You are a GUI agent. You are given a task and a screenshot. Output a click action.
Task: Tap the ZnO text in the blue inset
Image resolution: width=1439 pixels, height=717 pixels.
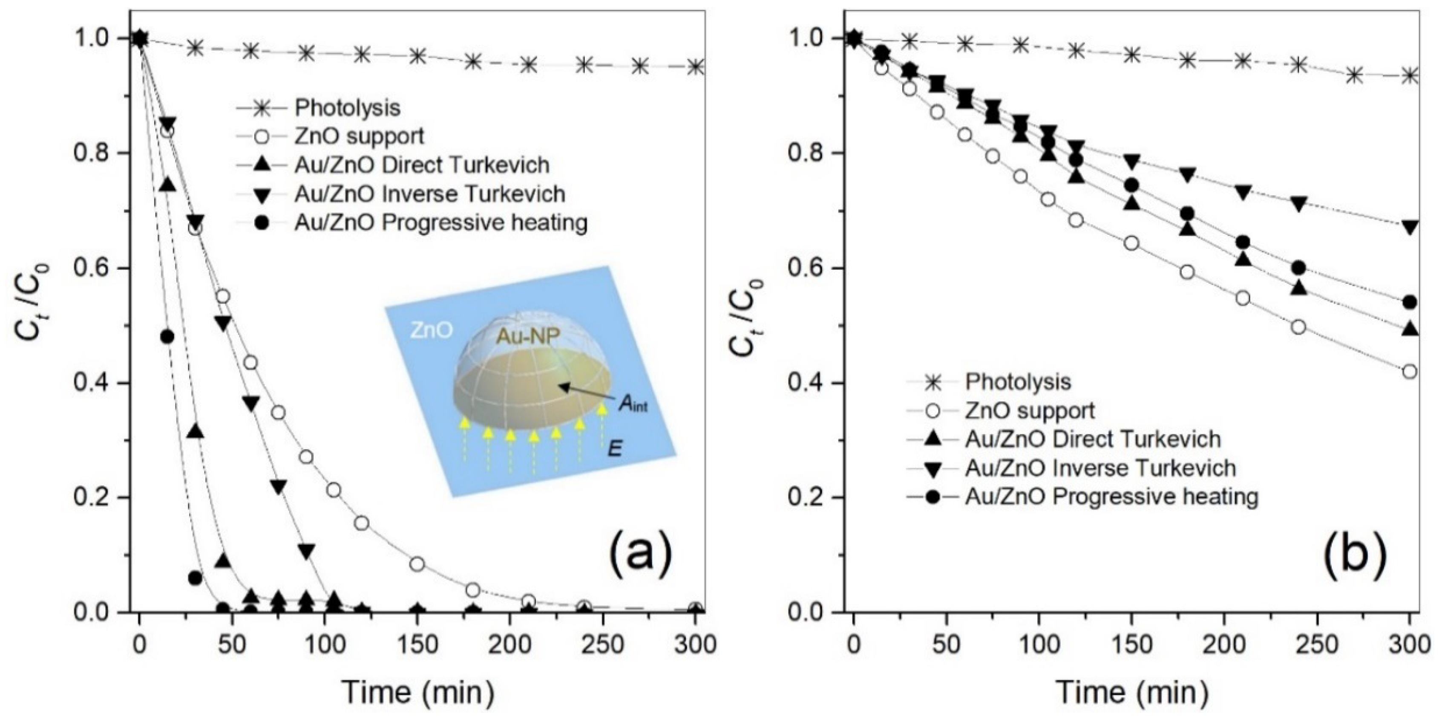pyautogui.click(x=431, y=330)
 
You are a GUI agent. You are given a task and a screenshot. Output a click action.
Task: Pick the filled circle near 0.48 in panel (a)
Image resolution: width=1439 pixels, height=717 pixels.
pyautogui.click(x=167, y=336)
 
